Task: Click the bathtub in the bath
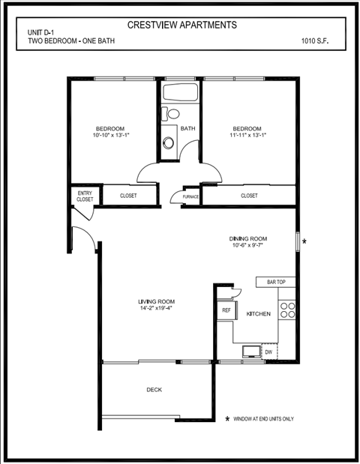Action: pyautogui.click(x=180, y=94)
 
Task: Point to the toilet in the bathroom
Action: pyautogui.click(x=173, y=115)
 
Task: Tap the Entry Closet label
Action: pyautogui.click(x=85, y=196)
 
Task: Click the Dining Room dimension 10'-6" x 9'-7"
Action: pyautogui.click(x=247, y=247)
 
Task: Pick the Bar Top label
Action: pyautogui.click(x=276, y=283)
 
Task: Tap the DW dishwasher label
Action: pyautogui.click(x=268, y=352)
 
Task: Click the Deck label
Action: pyautogui.click(x=154, y=390)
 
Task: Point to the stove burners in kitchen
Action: pyautogui.click(x=287, y=309)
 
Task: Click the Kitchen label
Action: pyautogui.click(x=258, y=314)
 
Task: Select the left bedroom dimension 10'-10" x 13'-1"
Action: pyautogui.click(x=111, y=136)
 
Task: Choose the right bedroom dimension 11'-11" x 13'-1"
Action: pyautogui.click(x=247, y=136)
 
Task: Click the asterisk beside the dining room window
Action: pyautogui.click(x=304, y=241)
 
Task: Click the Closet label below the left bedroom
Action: pyautogui.click(x=128, y=196)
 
